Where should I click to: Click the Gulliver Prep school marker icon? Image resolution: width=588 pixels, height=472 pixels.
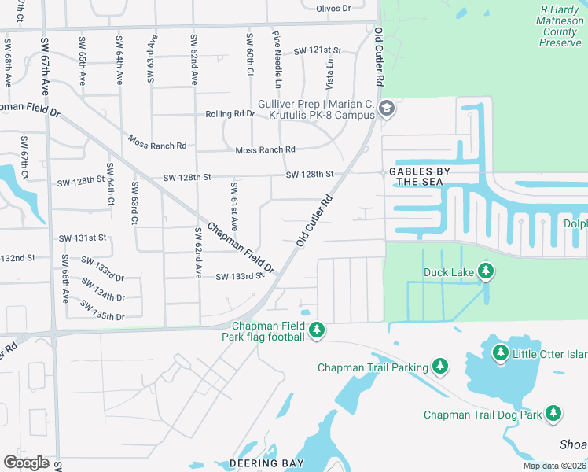[386, 109]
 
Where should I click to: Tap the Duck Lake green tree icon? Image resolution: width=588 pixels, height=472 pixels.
[486, 272]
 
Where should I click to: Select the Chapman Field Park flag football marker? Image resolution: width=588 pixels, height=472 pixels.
[316, 330]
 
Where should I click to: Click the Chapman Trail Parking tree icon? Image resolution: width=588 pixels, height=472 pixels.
[440, 367]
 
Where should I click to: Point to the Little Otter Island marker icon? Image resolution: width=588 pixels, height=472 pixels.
[501, 352]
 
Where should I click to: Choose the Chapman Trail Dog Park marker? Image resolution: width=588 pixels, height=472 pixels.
[553, 413]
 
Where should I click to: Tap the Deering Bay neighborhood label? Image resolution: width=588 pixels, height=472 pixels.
[266, 463]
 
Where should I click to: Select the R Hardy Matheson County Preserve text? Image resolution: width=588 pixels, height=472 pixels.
[560, 26]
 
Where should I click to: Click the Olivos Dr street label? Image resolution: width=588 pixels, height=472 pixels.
[333, 8]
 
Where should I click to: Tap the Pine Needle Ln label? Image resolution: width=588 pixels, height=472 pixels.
[277, 59]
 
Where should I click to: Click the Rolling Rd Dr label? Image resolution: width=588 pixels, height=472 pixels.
[230, 114]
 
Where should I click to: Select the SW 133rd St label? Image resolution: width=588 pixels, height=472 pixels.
[238, 277]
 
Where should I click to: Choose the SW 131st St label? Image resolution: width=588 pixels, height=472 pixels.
[83, 238]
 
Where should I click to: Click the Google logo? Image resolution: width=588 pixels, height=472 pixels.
[26, 463]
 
